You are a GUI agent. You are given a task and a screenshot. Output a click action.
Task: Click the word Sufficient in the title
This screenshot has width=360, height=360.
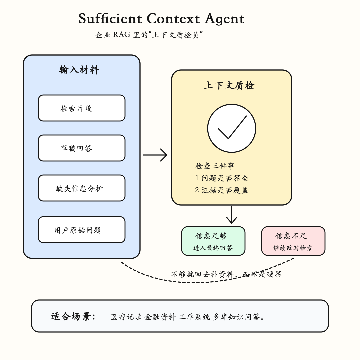(x=110, y=18)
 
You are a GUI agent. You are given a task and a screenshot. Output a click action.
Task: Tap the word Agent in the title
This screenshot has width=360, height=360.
(x=225, y=19)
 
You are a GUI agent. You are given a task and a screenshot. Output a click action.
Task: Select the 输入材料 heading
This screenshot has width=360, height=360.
(x=79, y=70)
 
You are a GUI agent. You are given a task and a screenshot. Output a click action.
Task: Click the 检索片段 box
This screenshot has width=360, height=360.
(x=82, y=108)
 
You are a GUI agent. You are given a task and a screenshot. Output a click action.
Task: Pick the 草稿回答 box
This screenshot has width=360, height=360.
(x=82, y=148)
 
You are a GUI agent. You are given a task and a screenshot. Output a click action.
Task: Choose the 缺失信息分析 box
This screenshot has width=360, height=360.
(x=82, y=188)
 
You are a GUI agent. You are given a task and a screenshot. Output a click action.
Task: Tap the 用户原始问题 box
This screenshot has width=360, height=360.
(x=82, y=230)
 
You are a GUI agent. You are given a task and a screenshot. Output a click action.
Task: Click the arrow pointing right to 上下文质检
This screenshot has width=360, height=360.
(x=155, y=155)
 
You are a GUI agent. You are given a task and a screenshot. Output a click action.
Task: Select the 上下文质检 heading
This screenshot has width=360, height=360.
(x=229, y=85)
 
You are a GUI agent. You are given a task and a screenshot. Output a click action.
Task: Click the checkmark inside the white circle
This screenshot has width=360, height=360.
(x=232, y=127)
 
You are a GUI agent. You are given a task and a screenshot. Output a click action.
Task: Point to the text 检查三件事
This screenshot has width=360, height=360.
(x=215, y=166)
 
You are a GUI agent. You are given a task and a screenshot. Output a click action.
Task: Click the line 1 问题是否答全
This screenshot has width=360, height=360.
(x=222, y=178)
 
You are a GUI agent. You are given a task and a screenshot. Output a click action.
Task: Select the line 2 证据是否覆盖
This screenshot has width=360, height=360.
(x=222, y=190)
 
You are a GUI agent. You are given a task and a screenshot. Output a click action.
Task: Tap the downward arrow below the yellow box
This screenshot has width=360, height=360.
(x=232, y=215)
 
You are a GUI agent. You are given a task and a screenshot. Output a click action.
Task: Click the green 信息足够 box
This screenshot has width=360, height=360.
(x=213, y=241)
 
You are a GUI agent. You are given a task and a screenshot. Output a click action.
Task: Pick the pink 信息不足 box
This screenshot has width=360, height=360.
(x=293, y=241)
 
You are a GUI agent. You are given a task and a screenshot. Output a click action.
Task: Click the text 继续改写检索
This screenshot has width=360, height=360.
(x=293, y=248)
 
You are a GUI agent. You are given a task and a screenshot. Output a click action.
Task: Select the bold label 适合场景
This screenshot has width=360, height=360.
(x=73, y=316)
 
